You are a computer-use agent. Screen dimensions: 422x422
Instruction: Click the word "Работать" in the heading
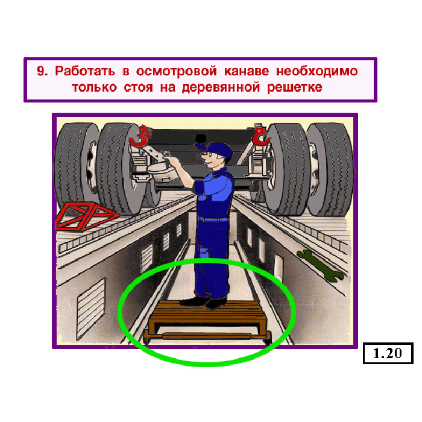click(85, 71)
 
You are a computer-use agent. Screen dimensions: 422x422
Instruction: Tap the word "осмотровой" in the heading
click(176, 72)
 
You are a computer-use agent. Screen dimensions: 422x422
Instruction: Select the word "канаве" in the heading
click(246, 71)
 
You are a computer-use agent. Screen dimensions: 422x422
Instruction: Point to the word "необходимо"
click(316, 72)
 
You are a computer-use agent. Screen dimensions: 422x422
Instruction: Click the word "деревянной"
click(221, 88)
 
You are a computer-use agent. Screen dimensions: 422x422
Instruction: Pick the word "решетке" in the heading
click(295, 88)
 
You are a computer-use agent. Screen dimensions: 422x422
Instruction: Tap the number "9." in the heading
click(42, 71)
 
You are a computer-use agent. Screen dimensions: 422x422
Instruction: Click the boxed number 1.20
click(388, 353)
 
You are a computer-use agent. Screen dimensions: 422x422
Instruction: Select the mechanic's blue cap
click(215, 150)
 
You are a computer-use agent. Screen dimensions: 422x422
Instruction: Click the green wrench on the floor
click(320, 266)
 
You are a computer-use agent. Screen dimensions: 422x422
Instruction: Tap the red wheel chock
click(86, 216)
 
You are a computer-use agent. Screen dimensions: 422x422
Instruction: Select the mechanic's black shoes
click(204, 302)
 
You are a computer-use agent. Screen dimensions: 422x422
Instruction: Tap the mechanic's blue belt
click(213, 219)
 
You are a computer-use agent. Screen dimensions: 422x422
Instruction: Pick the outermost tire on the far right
click(330, 169)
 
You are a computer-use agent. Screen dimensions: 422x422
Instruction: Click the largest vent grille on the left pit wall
click(91, 309)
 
